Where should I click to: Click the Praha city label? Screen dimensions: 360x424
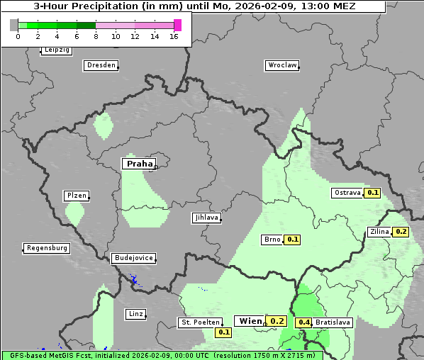(139, 164)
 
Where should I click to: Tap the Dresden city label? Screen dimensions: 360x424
(100, 65)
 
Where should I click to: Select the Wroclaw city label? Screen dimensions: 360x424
(281, 65)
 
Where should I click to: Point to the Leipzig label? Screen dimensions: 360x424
(56, 50)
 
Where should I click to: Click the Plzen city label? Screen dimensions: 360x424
(76, 196)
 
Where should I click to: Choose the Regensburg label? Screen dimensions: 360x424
(47, 248)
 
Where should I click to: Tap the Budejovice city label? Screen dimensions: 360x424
(133, 258)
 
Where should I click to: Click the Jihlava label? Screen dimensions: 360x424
(206, 218)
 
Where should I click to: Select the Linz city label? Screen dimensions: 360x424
(135, 313)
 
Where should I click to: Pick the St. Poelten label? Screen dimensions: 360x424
(199, 322)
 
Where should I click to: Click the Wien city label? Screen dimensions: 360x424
(250, 321)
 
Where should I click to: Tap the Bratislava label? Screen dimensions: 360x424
(333, 322)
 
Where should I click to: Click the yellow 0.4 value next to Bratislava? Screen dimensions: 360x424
(304, 322)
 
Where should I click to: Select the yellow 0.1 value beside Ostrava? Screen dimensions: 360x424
(373, 192)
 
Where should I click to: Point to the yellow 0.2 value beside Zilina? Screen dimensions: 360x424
(401, 232)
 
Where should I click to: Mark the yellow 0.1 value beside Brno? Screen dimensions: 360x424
(292, 240)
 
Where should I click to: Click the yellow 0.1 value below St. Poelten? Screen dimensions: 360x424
(224, 332)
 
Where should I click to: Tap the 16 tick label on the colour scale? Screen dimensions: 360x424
(174, 36)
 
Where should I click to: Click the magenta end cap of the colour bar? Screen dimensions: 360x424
(177, 25)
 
